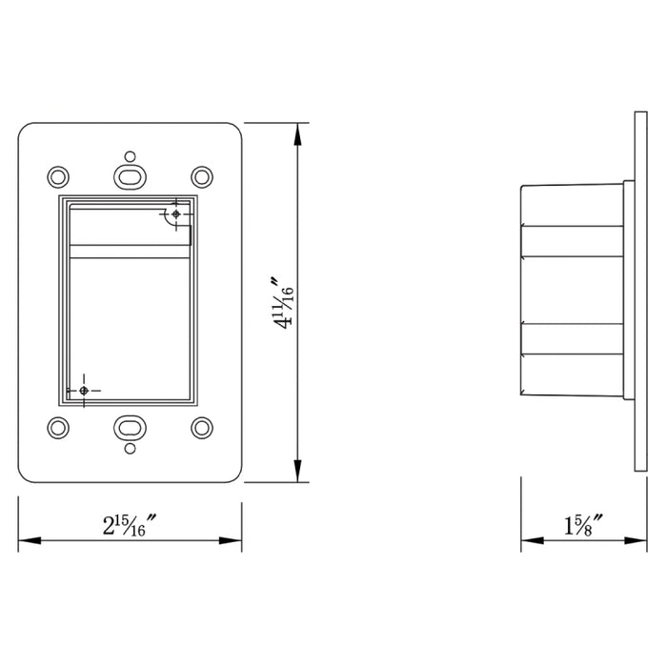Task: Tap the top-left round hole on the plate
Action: pos(58,176)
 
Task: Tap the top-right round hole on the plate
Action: pos(201,176)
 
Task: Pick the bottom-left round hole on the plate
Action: pos(58,427)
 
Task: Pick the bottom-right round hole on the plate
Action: pos(201,427)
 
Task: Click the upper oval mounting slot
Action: pos(130,176)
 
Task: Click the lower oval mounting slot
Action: pos(130,427)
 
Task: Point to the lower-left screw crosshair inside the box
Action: pos(84,390)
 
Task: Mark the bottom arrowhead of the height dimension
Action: pos(299,475)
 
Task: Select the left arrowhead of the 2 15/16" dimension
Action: pos(26,541)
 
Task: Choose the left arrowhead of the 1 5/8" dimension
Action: pos(527,541)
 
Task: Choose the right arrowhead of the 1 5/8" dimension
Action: pos(629,541)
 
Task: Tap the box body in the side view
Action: pos(570,291)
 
